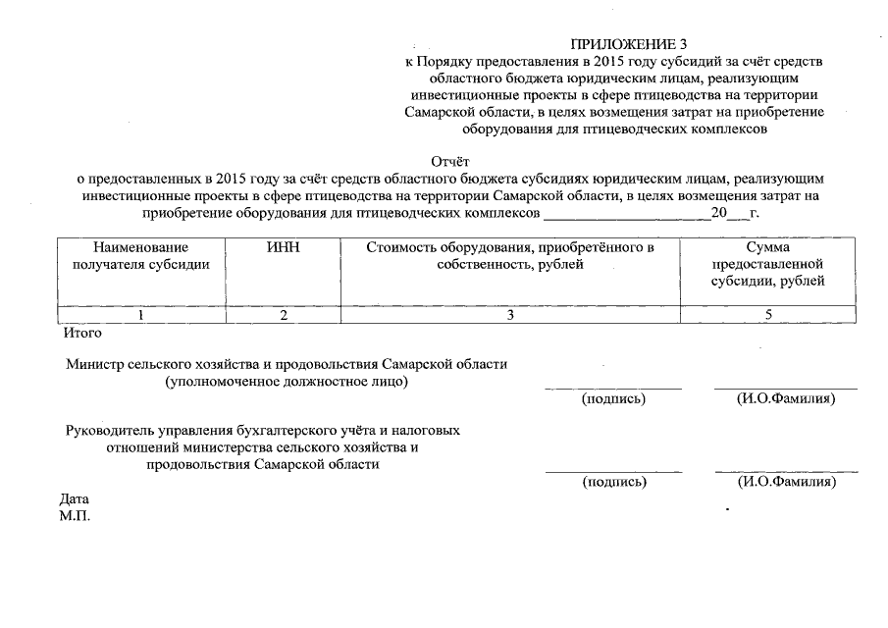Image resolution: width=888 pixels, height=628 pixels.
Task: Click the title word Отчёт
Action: (x=450, y=162)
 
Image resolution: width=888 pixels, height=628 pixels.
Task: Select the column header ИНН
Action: (x=283, y=248)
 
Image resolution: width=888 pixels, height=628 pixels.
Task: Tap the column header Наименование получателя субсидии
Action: (x=141, y=256)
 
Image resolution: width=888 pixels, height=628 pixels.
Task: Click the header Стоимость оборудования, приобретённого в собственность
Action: (x=510, y=256)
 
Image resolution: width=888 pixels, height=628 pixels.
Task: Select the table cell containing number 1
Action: (x=141, y=315)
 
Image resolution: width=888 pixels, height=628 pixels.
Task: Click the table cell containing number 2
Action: (x=283, y=315)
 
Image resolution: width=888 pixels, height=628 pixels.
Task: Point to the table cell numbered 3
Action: (x=510, y=315)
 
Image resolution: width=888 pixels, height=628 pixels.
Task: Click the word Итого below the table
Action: (x=81, y=333)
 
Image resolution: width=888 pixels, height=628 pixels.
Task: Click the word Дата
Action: (x=75, y=498)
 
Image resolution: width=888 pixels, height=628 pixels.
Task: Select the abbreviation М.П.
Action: (x=75, y=516)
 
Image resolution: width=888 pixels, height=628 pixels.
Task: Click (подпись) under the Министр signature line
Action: (x=614, y=399)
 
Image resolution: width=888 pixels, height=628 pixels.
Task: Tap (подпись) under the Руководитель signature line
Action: (x=614, y=482)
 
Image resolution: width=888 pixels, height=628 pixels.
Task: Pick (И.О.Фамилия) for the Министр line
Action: (x=786, y=399)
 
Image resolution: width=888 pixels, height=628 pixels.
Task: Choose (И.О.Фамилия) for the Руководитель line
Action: (x=786, y=482)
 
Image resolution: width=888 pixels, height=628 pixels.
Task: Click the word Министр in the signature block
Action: (x=97, y=364)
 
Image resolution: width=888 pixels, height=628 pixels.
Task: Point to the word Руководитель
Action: (x=110, y=430)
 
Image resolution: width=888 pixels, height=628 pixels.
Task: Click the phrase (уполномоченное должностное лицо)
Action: (x=287, y=382)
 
